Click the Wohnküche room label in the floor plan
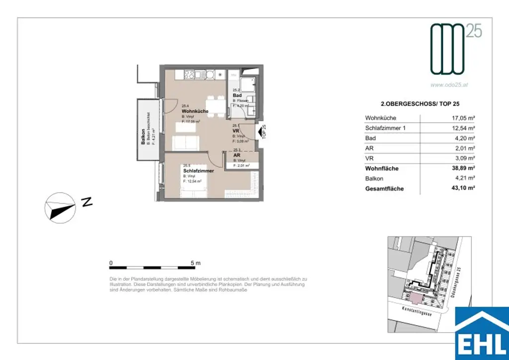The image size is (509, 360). click(x=195, y=111)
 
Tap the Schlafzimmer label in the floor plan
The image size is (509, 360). click(x=198, y=171)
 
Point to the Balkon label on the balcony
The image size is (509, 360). click(x=143, y=137)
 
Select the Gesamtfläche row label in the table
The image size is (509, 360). click(x=384, y=189)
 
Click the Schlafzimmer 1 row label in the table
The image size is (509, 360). click(x=386, y=128)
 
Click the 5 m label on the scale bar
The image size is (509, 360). click(x=195, y=263)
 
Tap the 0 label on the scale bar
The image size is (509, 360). click(x=111, y=263)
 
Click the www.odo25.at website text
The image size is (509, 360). click(x=449, y=85)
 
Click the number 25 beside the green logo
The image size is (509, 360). click(x=474, y=32)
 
